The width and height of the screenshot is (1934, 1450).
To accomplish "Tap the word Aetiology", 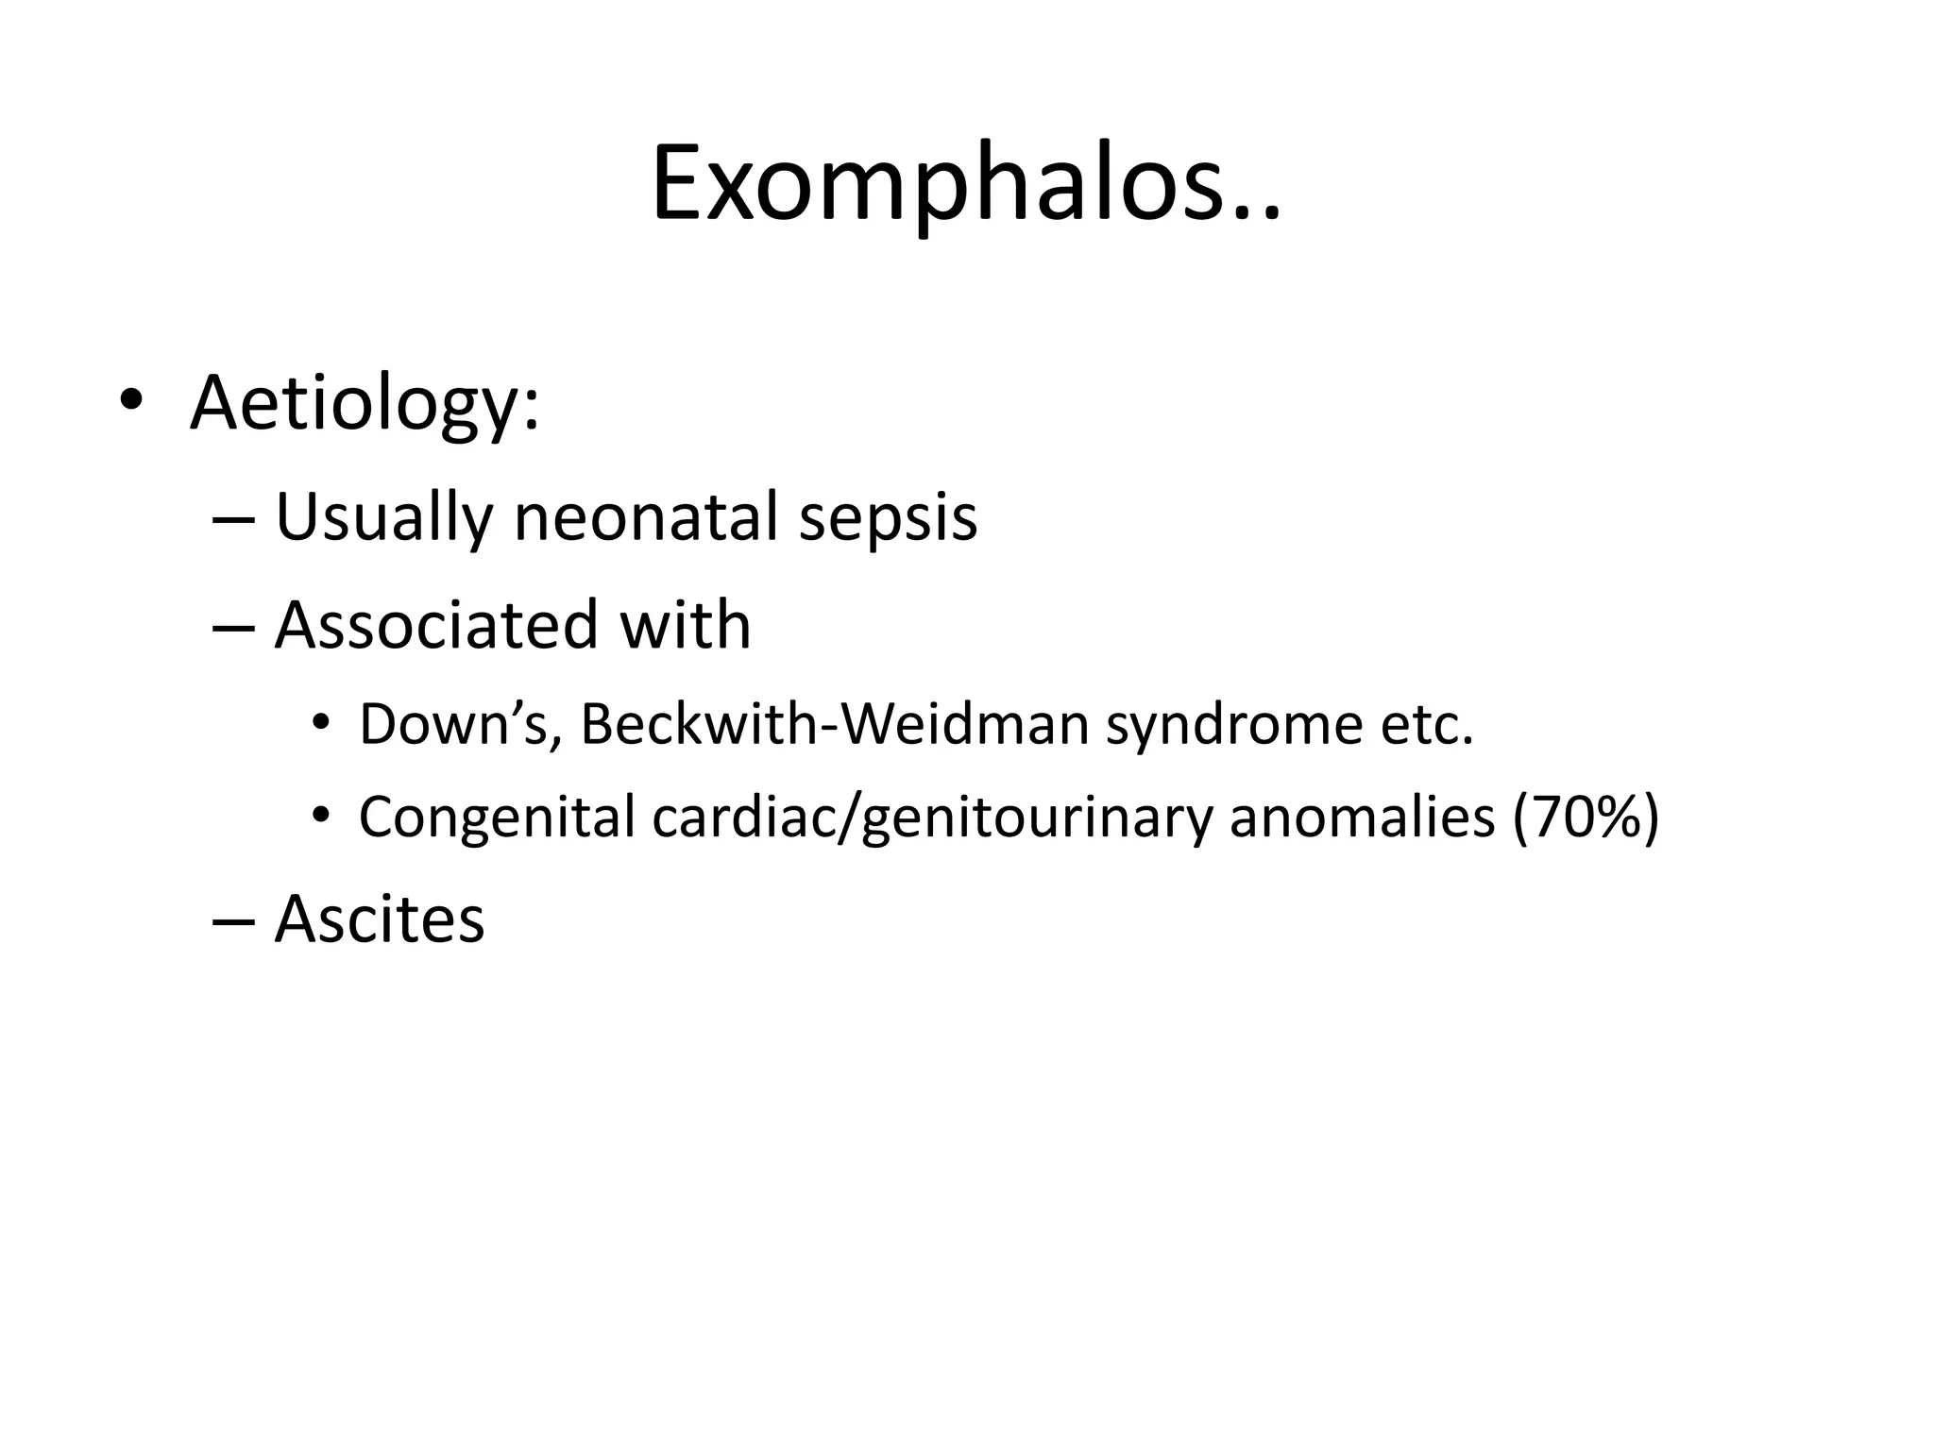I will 364,403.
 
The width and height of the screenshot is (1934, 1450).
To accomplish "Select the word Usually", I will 383,518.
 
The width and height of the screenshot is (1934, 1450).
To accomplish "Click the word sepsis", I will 888,520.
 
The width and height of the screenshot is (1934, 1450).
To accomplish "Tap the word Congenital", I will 497,818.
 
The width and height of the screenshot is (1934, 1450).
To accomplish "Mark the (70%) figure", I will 1586,818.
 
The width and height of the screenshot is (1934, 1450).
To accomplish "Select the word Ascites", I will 380,919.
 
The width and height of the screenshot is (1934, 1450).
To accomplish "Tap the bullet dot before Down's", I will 321,723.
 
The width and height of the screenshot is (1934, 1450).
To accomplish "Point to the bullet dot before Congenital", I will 321,815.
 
